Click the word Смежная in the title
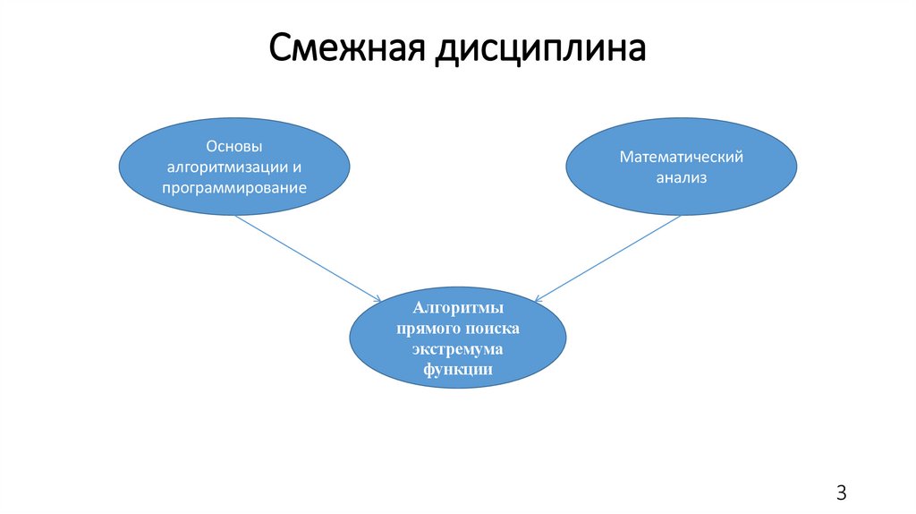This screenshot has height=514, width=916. coord(347,49)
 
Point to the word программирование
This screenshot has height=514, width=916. coord(234,188)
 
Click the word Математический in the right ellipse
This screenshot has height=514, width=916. coord(682,157)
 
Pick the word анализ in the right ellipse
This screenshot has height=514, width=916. coord(682,177)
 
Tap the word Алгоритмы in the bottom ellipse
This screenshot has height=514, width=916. coord(457,310)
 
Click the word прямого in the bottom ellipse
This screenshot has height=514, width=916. coord(429,329)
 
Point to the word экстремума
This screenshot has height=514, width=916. coord(457,348)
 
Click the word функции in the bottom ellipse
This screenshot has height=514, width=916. coord(457,368)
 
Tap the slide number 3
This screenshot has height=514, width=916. coord(841,493)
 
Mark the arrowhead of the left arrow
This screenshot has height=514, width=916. coord(377,299)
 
